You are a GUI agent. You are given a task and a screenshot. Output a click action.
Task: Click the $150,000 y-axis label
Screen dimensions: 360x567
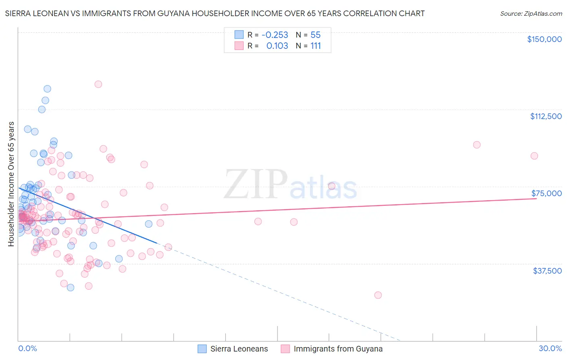point(544,39)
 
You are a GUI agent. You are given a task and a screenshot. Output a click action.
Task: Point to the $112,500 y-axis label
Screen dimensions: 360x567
point(546,116)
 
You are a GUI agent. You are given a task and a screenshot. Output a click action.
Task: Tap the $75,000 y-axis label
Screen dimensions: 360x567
point(546,193)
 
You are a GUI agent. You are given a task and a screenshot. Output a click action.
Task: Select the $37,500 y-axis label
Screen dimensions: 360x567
point(547,271)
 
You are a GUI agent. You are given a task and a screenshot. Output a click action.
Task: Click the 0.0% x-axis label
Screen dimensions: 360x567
point(27,348)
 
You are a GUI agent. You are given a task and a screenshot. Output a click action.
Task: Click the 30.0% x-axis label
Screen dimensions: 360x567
point(550,348)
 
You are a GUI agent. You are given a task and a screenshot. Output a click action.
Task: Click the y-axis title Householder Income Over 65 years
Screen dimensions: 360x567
point(11,184)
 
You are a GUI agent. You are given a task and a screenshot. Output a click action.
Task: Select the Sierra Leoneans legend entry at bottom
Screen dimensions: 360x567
point(239,349)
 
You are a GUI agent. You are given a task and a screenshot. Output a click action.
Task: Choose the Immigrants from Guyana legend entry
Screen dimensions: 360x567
point(338,349)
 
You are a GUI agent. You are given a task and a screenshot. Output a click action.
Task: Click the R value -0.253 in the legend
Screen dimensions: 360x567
point(275,35)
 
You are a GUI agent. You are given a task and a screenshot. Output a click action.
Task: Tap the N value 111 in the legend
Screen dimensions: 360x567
point(315,46)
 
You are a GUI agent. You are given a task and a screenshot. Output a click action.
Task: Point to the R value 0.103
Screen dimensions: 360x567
point(277,46)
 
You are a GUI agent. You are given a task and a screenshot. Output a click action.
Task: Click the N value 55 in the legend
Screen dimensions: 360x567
point(315,35)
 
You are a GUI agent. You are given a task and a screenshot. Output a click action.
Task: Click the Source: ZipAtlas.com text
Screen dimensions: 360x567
point(531,13)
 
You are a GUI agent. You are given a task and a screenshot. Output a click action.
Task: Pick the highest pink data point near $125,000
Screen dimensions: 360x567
point(98,84)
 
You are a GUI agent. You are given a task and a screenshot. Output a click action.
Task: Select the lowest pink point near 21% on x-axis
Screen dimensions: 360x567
point(378,295)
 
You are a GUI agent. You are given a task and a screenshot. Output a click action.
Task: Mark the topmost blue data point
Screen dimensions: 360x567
point(47,89)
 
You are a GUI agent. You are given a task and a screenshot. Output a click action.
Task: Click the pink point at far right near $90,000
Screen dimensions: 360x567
point(534,156)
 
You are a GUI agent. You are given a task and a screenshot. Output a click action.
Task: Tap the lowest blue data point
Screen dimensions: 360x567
point(71,287)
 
